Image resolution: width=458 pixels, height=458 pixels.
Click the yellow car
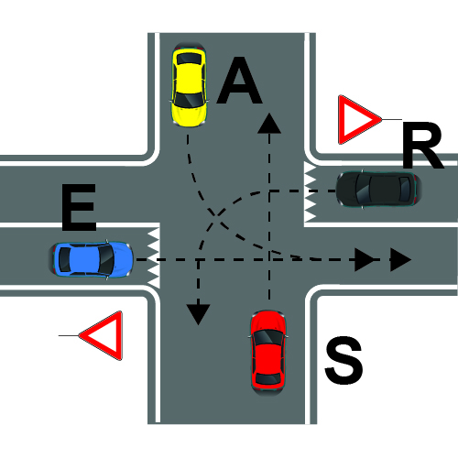[190, 84]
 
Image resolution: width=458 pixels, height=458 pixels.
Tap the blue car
[91, 259]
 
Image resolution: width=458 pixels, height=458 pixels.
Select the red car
[267, 353]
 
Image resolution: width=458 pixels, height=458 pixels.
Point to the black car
[379, 190]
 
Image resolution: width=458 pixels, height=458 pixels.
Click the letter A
[240, 81]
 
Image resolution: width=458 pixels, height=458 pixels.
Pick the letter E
[79, 207]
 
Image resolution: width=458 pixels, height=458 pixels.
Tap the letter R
[422, 146]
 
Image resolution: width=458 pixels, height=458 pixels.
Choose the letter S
[343, 360]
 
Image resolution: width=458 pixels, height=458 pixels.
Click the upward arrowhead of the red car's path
[269, 124]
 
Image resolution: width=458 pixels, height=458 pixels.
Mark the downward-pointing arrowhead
[199, 314]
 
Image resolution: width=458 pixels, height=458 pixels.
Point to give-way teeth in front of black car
[311, 191]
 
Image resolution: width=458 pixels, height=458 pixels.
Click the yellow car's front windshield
[190, 99]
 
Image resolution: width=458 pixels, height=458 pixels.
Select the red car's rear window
[267, 378]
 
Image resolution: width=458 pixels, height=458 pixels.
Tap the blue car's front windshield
[106, 259]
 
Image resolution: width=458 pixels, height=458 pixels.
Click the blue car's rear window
[64, 259]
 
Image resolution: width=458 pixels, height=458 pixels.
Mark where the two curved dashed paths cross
[216, 214]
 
